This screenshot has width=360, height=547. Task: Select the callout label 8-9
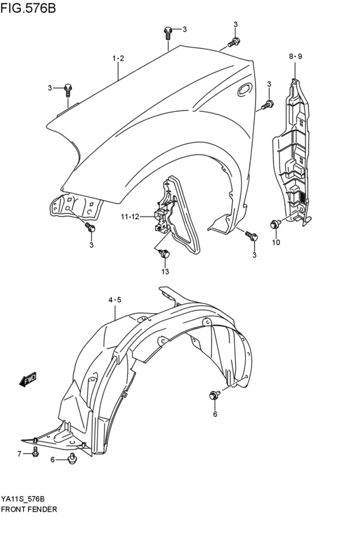295,57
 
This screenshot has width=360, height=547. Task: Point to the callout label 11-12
129,216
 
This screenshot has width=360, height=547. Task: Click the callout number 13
165,271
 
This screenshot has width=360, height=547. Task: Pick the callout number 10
276,242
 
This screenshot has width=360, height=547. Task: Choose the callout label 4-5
114,300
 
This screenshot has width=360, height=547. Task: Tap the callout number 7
19,454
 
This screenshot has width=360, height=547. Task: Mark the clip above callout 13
165,254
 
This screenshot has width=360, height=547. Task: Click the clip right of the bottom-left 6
73,458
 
